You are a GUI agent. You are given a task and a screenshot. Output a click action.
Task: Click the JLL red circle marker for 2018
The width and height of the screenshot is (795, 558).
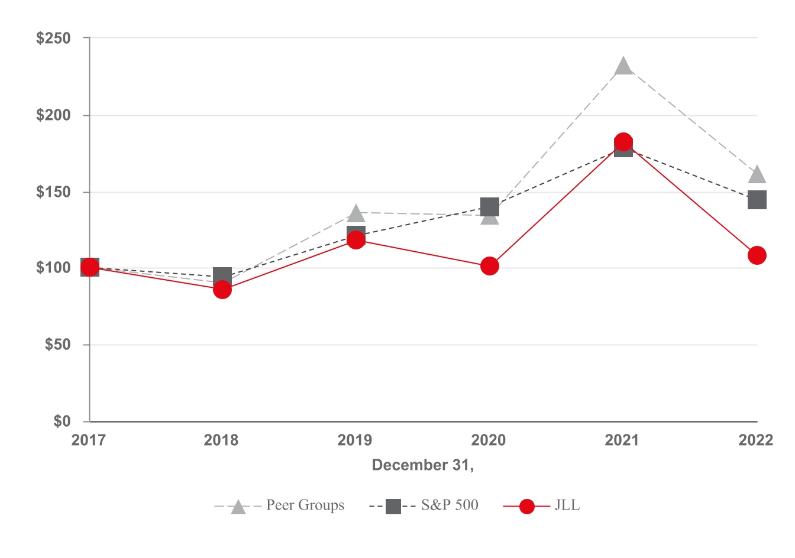point(222,290)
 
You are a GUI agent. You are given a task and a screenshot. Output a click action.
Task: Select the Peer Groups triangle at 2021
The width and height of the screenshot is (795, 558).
point(623,67)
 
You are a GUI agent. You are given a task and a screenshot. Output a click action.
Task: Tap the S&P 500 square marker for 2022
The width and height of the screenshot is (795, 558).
point(757,200)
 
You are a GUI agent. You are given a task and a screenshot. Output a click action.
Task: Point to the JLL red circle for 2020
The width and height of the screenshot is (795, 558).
point(489,266)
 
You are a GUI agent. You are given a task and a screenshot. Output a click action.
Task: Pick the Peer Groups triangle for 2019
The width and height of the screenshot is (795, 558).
point(356,213)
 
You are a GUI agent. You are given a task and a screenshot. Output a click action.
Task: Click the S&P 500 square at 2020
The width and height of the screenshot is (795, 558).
point(489,207)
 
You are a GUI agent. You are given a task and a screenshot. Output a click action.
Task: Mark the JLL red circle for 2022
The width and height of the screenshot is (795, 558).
point(757,255)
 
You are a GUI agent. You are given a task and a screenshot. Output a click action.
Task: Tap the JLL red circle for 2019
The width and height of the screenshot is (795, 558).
point(356,240)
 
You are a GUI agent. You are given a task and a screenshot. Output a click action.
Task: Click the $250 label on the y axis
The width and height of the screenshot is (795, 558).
point(53,38)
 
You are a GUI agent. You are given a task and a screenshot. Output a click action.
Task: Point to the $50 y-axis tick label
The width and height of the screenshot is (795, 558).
point(57,345)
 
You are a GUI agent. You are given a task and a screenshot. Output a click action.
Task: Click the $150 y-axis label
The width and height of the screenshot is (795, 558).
point(53,192)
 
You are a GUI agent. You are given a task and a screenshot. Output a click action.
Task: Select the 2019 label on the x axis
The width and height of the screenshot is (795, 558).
point(355,440)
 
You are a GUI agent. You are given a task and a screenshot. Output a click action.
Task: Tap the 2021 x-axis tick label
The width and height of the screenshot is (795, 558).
point(622,440)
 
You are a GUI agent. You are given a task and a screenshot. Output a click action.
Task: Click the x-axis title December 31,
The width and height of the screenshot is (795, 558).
point(423,465)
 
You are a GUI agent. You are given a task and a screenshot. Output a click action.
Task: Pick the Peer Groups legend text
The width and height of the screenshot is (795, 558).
point(305,505)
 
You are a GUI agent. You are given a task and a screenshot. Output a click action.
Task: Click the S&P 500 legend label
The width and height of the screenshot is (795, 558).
point(450,505)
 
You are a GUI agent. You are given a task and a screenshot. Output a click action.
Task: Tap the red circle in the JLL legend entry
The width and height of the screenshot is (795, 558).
point(526,507)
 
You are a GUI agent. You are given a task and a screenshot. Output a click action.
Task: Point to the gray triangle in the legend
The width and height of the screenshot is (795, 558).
point(238,507)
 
